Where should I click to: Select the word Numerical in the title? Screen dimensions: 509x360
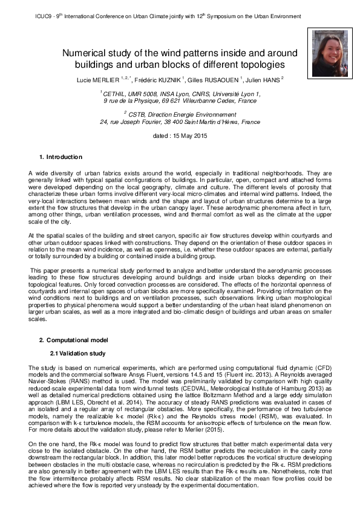point(87,53)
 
